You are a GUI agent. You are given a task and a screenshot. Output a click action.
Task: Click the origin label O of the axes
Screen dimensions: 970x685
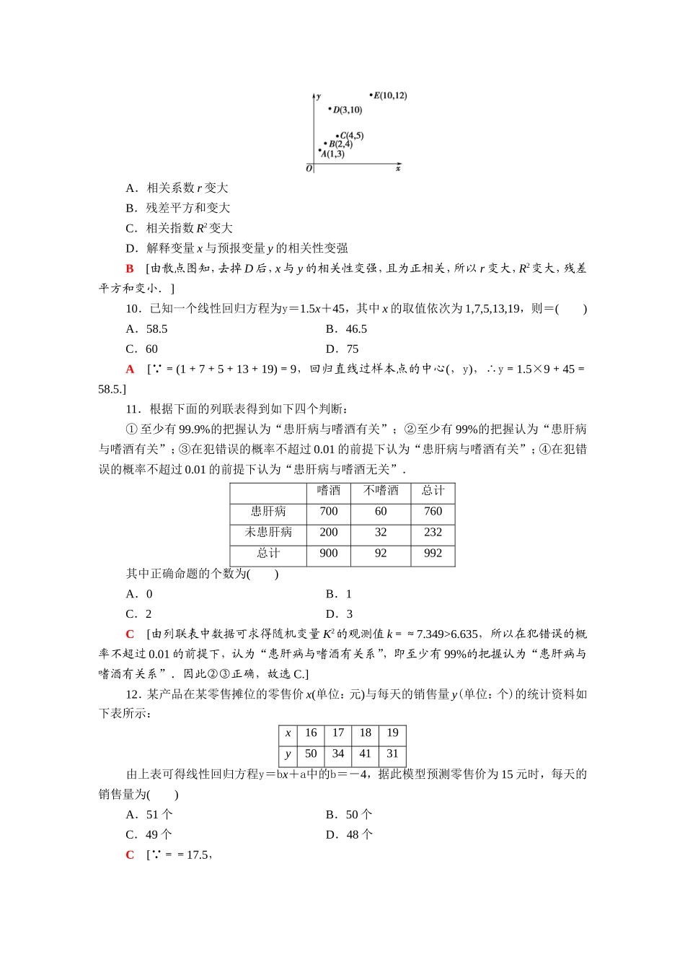[x=309, y=169]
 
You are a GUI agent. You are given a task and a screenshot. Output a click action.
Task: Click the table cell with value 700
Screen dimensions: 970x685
[x=328, y=512]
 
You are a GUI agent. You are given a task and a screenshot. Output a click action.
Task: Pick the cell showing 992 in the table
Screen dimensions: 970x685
[x=433, y=554]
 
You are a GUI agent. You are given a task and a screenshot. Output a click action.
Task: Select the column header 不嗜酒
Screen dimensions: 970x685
[x=381, y=491]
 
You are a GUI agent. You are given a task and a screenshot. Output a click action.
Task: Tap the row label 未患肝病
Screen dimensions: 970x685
[x=268, y=533]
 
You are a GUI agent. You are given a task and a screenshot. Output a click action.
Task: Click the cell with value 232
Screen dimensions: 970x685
[x=433, y=533]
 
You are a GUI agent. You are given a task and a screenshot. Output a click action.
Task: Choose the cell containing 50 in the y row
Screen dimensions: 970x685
[x=311, y=754]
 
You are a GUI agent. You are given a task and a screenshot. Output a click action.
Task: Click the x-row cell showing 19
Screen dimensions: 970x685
[x=392, y=733]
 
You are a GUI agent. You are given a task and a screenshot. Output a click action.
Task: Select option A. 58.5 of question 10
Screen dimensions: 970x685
[x=146, y=329]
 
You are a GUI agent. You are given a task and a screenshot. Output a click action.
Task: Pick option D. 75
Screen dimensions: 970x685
[x=342, y=349]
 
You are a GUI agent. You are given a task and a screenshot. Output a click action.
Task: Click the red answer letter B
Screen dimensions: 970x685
[x=130, y=268]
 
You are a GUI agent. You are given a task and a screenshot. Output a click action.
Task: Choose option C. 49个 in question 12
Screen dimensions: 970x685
[x=149, y=835]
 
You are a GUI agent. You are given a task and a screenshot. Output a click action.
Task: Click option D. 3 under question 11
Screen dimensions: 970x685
[x=339, y=614]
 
